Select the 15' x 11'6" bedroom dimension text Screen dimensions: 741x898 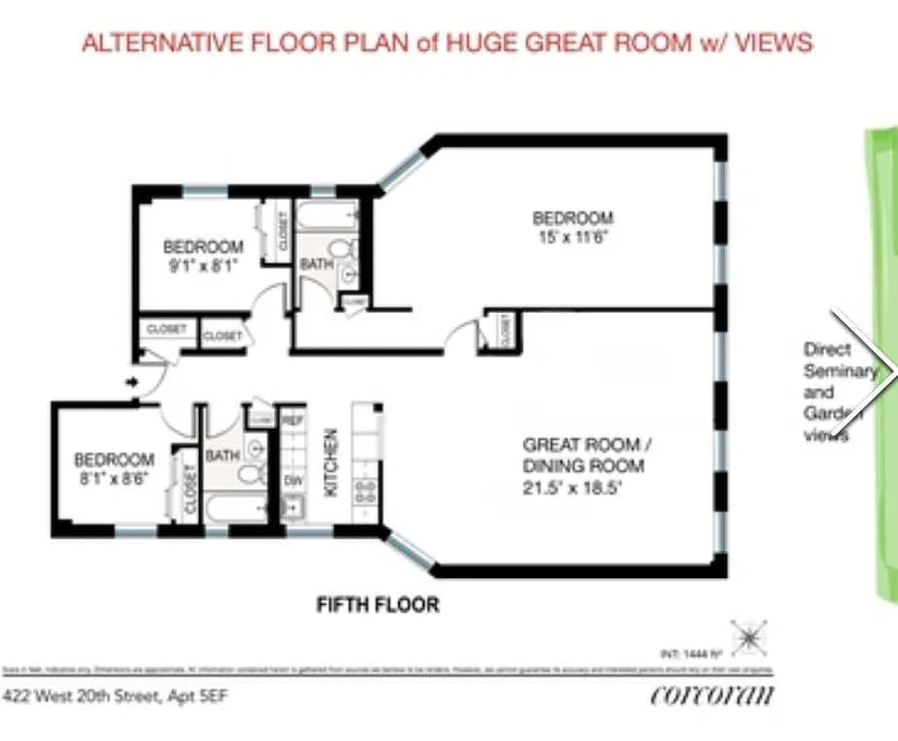tap(572, 236)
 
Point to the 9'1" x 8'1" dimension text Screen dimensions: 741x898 tap(203, 264)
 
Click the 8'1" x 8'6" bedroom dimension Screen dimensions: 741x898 tap(114, 476)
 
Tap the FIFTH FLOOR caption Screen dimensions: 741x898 tap(378, 606)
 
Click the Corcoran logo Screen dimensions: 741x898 tap(712, 694)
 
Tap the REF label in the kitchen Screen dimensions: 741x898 tap(293, 421)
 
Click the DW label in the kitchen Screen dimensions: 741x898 tap(293, 481)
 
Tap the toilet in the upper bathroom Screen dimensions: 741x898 tap(343, 249)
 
